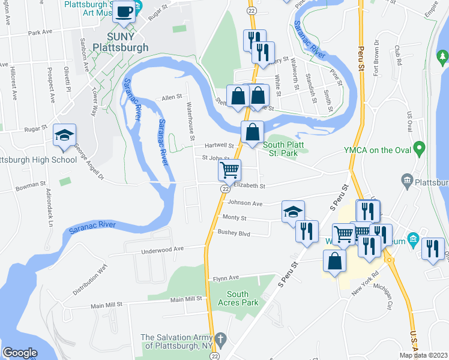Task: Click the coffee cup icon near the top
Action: pos(124,12)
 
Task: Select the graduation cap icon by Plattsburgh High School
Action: pos(64,136)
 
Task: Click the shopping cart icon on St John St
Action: pos(229,170)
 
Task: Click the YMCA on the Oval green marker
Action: pos(420,147)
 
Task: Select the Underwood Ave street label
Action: pos(165,249)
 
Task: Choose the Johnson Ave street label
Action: pos(245,203)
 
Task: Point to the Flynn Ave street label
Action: pos(226,278)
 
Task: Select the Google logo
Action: pos(20,352)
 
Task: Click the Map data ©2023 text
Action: pos(423,355)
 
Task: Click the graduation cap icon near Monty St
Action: pos(293,212)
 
